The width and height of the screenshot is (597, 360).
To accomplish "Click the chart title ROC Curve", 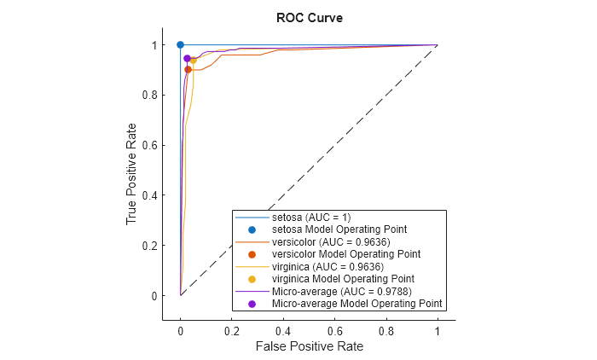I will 308,18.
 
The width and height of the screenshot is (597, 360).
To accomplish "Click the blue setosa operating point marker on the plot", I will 180,44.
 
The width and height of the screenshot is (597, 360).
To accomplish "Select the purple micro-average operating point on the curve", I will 187,58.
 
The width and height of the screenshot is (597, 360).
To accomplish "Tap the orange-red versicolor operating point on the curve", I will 188,69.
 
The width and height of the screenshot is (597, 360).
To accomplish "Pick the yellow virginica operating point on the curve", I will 194,61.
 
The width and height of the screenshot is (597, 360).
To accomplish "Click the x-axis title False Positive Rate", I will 308,346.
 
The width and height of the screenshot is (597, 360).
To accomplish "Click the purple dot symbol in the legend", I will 252,304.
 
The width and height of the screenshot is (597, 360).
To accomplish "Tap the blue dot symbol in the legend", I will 252,229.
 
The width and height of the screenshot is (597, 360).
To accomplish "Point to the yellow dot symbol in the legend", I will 252,279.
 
